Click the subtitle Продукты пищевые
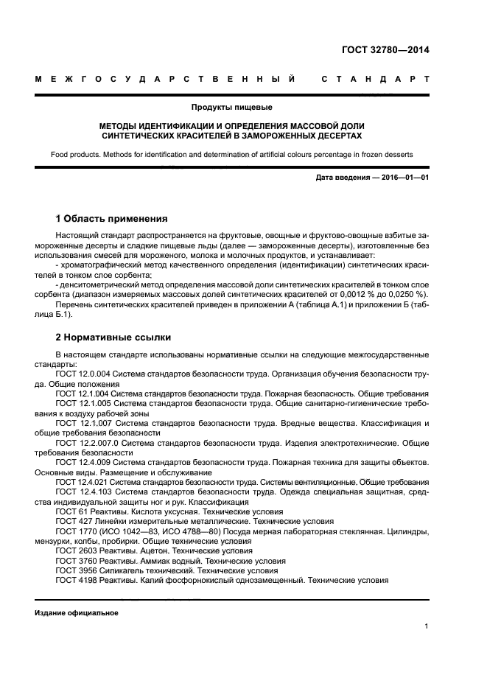click(243, 108)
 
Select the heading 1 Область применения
click(111, 219)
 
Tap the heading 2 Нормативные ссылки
click(113, 337)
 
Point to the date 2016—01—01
click(402, 178)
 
